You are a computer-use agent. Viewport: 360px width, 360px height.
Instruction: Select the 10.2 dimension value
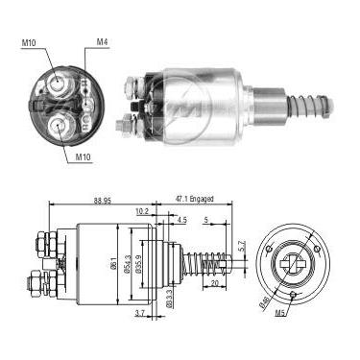pyautogui.click(x=142, y=212)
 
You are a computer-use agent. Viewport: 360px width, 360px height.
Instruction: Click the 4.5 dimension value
pyautogui.click(x=182, y=220)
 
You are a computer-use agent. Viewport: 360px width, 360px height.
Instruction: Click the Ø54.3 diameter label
pyautogui.click(x=124, y=266)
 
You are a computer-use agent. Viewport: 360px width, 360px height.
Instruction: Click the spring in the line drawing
pyautogui.click(x=203, y=260)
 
